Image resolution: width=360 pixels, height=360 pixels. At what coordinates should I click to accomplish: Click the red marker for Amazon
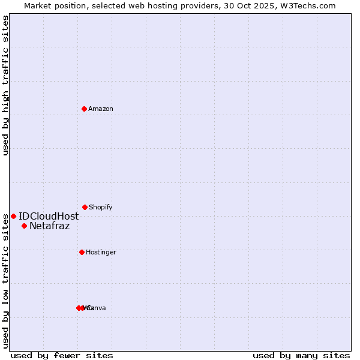(x=84, y=109)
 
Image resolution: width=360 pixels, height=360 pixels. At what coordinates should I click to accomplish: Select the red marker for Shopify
(x=85, y=207)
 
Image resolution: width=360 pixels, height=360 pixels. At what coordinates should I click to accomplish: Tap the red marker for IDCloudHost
(x=13, y=216)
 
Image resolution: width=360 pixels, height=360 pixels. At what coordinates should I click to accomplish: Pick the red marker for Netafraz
(x=24, y=226)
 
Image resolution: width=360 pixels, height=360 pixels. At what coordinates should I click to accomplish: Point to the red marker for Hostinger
(x=82, y=252)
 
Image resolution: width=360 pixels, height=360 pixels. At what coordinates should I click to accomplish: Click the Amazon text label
(x=101, y=109)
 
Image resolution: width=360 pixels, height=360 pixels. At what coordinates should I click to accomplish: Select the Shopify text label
(x=101, y=207)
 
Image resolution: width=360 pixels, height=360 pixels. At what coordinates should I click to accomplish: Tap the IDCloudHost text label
(x=49, y=216)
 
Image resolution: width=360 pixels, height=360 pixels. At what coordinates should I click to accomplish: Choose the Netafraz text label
(x=49, y=226)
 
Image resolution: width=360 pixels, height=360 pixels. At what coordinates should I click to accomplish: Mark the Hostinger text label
(x=101, y=252)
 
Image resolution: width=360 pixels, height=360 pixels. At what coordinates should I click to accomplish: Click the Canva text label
(x=97, y=308)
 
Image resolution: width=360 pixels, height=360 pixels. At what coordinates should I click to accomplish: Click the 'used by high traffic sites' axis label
(x=5, y=85)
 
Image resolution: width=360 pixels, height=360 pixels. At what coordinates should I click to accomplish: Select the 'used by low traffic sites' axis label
(x=5, y=280)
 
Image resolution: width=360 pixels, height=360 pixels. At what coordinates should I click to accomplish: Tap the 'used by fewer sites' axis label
(x=62, y=355)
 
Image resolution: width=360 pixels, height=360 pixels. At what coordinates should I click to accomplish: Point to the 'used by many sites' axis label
(x=301, y=355)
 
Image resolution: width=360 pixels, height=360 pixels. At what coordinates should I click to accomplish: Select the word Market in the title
(x=38, y=5)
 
